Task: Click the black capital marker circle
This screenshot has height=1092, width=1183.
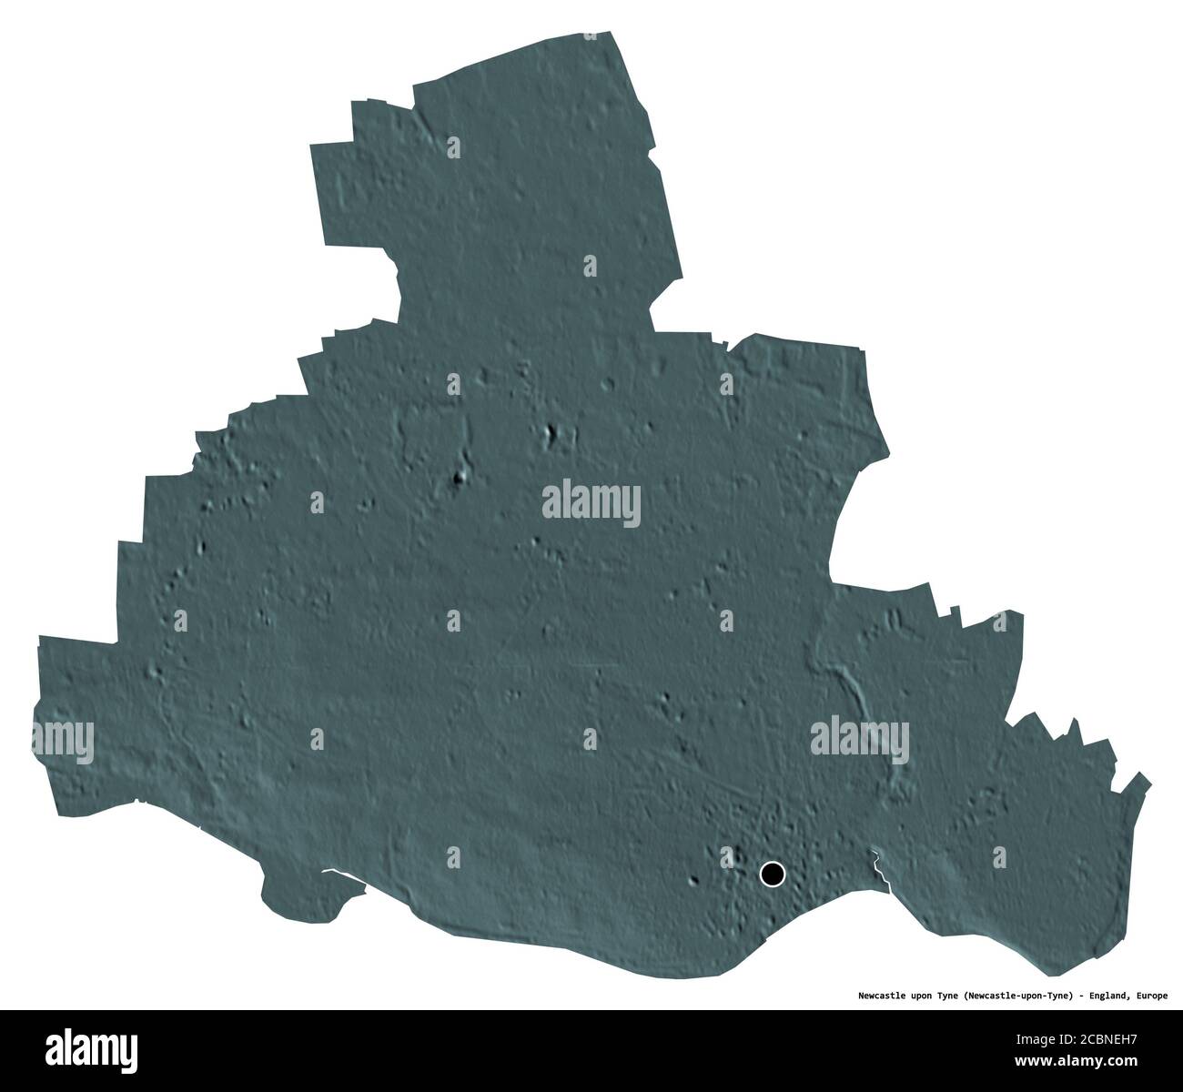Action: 772,875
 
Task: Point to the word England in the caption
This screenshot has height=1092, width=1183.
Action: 1097,996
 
